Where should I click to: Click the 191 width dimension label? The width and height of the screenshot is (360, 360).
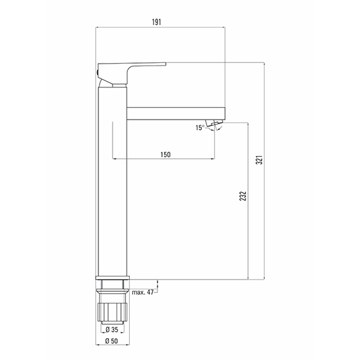pos(156,22)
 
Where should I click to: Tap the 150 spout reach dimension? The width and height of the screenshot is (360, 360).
pos(165,154)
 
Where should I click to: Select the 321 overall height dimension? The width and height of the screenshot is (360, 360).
pos(259,160)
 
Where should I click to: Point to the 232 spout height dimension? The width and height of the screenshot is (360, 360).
pos(243,196)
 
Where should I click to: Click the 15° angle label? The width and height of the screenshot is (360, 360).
pos(200,128)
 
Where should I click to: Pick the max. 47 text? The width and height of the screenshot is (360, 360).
pos(143,292)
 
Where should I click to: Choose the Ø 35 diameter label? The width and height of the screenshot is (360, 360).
pos(112,330)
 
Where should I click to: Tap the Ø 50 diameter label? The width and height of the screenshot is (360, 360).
pos(112,341)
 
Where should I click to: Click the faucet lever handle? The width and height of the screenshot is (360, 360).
pos(131,73)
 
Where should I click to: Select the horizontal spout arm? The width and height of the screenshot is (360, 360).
pos(176,113)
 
